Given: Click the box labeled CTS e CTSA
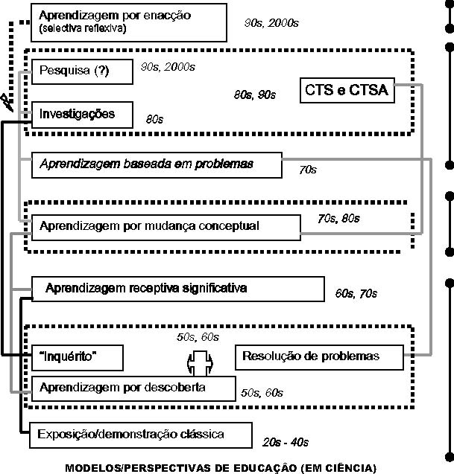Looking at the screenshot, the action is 347,90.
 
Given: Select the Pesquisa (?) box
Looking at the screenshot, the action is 82,71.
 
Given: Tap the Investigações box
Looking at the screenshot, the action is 82,115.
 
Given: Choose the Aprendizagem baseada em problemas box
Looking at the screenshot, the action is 157,165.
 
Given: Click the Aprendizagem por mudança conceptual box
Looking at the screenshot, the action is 166,228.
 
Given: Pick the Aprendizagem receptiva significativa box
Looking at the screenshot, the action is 178,289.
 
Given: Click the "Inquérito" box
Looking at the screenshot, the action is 78,358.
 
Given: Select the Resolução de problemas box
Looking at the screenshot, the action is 319,357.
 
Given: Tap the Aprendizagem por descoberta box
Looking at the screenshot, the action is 133,388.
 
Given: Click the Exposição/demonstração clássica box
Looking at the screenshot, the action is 141,435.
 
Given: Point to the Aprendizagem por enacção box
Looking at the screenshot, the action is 129,22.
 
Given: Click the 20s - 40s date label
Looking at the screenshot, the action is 286,443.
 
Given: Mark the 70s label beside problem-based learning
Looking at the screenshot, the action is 308,170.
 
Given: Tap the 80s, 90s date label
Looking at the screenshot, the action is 255,95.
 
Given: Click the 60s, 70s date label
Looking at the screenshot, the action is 356,293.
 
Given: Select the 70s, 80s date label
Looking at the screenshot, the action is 338,219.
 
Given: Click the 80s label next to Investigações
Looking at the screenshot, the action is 154,119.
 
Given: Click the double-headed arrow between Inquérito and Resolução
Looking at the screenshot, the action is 200,363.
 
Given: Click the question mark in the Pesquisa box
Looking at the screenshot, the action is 102,71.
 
